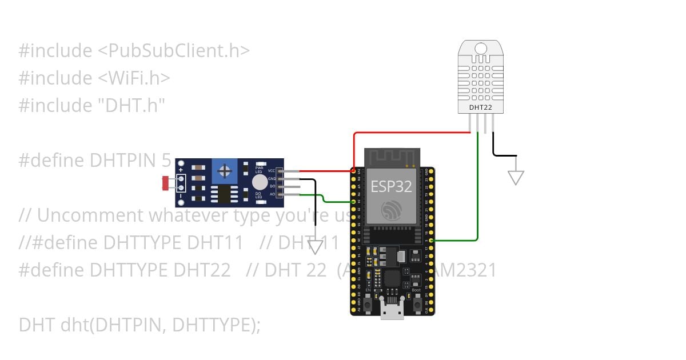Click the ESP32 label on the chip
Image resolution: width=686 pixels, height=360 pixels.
(x=392, y=186)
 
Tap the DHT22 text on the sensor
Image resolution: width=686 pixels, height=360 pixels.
(x=480, y=107)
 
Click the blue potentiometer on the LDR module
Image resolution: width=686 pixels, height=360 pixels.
(x=226, y=170)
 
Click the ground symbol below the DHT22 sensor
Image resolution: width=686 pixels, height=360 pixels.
(x=516, y=178)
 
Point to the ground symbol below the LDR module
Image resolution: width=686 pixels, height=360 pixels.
(x=316, y=247)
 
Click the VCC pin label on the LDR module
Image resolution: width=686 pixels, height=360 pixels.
(x=272, y=171)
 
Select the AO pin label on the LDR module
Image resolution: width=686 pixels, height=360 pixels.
(x=272, y=194)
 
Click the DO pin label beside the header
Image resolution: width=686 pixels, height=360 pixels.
(x=272, y=186)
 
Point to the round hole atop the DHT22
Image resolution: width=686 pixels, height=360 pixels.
(x=480, y=49)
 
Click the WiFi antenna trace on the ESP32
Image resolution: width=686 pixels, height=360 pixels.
(x=392, y=157)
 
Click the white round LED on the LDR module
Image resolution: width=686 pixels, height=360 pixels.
(x=259, y=182)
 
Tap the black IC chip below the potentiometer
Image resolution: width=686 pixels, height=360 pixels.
(x=223, y=194)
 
